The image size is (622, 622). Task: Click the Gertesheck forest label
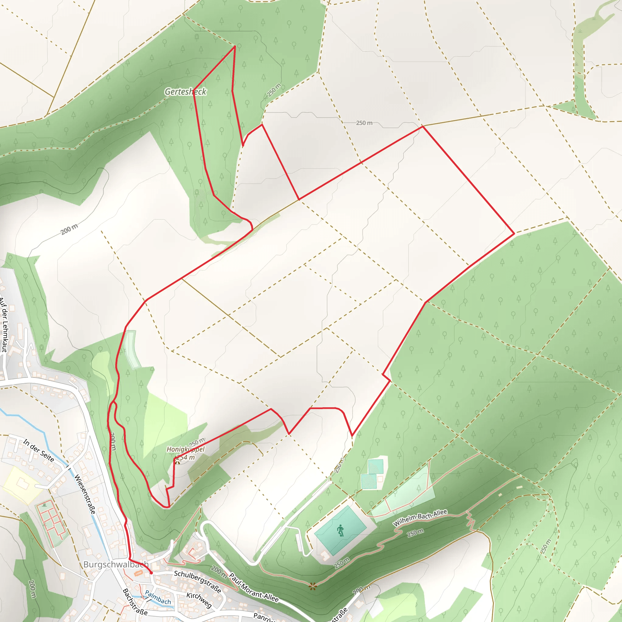[186, 92]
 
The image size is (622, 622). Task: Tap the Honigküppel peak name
[186, 449]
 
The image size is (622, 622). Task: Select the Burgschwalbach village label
[116, 564]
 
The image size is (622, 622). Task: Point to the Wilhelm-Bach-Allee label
[420, 518]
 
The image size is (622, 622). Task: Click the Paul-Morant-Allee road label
[254, 587]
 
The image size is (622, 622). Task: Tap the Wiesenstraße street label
[85, 494]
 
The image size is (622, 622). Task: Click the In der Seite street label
[39, 450]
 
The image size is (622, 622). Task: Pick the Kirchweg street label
[199, 600]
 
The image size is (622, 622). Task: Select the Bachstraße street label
[135, 601]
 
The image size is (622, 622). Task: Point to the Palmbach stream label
[158, 597]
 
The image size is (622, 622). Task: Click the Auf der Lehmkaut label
[4, 325]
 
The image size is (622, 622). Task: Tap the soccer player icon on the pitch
[340, 530]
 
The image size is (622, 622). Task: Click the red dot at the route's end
[151, 573]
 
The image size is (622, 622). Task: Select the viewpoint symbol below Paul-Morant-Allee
[312, 586]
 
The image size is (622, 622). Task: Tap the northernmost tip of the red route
[235, 46]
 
